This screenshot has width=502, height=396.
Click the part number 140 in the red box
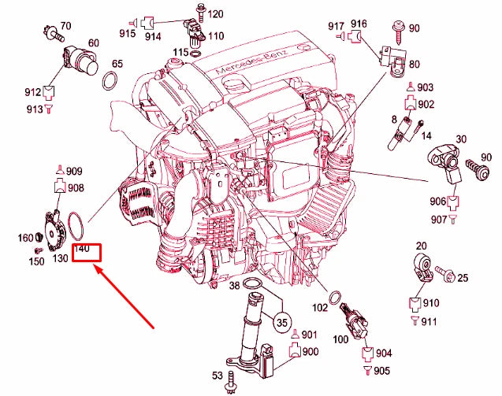pyautogui.click(x=83, y=252)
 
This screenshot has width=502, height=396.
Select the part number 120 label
pyautogui.click(x=215, y=14)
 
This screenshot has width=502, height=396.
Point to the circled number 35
pyautogui.click(x=281, y=320)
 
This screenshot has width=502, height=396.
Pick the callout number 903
pyautogui.click(x=426, y=87)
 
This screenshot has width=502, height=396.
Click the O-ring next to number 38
pyautogui.click(x=255, y=284)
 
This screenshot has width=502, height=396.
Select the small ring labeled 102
pyautogui.click(x=335, y=298)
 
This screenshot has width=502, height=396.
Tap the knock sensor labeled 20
pyautogui.click(x=421, y=268)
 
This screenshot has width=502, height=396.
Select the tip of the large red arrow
pyautogui.click(x=95, y=268)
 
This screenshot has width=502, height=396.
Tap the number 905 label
pyautogui.click(x=381, y=371)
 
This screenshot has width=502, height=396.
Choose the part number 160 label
pyautogui.click(x=24, y=238)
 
